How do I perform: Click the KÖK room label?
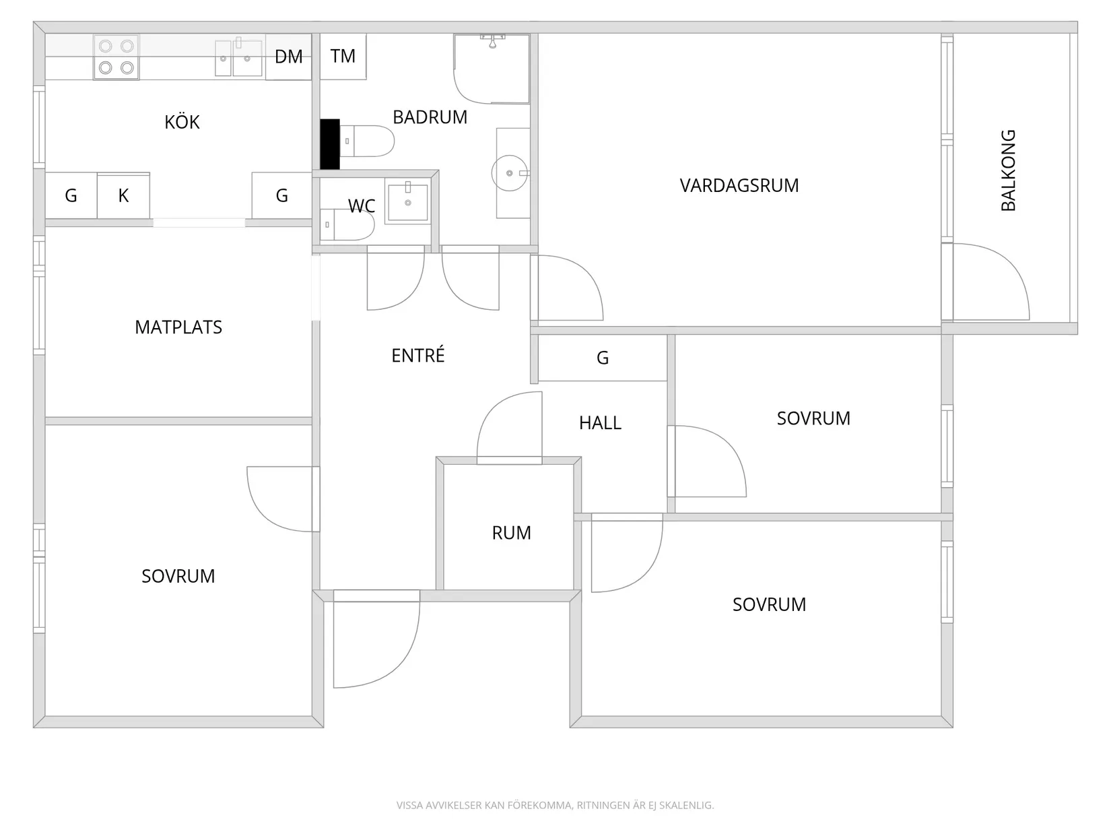[x=182, y=121]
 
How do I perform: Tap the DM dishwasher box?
[x=288, y=56]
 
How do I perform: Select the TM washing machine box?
[x=343, y=56]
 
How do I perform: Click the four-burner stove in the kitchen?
[x=116, y=57]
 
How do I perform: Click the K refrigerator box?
[x=123, y=195]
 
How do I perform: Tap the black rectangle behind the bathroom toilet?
[x=329, y=143]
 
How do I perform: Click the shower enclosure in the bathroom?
[x=492, y=69]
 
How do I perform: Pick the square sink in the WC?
[x=407, y=201]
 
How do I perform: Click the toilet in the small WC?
[x=347, y=224]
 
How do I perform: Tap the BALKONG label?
[x=1008, y=170]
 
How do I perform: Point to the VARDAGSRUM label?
[x=739, y=185]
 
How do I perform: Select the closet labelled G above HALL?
[x=603, y=358]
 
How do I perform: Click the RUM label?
[x=511, y=533]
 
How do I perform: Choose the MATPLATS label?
[x=178, y=327]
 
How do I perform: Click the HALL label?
[x=601, y=422]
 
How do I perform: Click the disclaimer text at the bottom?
[x=555, y=805]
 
